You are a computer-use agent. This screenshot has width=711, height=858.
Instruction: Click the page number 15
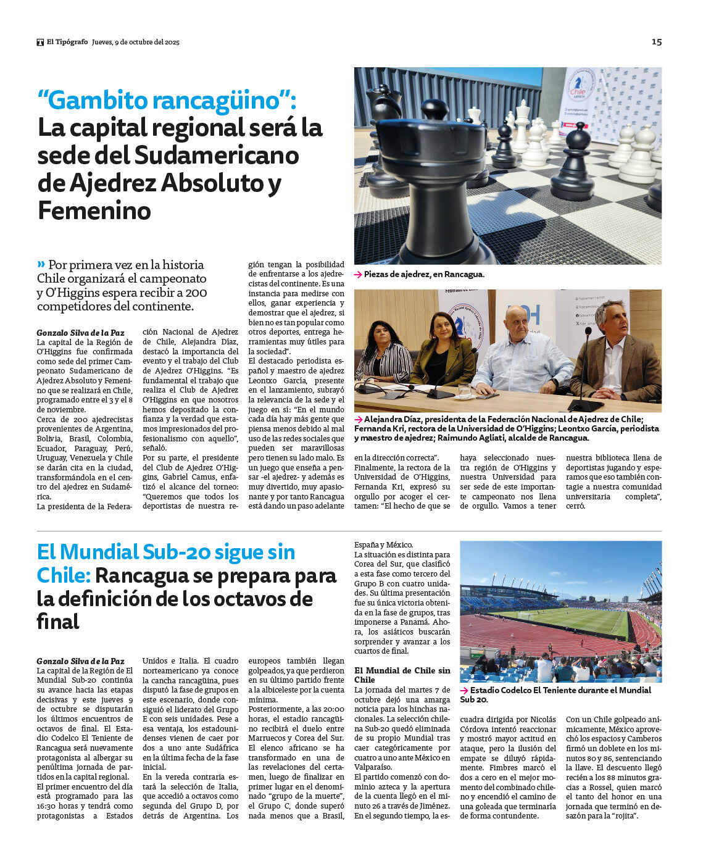pos(656,42)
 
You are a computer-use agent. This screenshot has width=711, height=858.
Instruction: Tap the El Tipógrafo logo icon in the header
pos(40,42)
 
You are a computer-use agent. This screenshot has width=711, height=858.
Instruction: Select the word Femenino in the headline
pos(94,210)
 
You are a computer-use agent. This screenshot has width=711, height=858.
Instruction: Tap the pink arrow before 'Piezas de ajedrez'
pos(358,275)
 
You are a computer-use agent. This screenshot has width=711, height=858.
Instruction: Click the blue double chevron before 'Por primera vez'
pos(41,264)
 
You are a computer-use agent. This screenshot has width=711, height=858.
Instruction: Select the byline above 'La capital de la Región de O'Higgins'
pos(80,333)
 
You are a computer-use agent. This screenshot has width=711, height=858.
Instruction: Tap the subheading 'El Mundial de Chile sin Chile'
pos(402,675)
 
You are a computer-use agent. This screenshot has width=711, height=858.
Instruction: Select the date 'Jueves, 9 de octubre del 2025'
pos(136,42)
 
